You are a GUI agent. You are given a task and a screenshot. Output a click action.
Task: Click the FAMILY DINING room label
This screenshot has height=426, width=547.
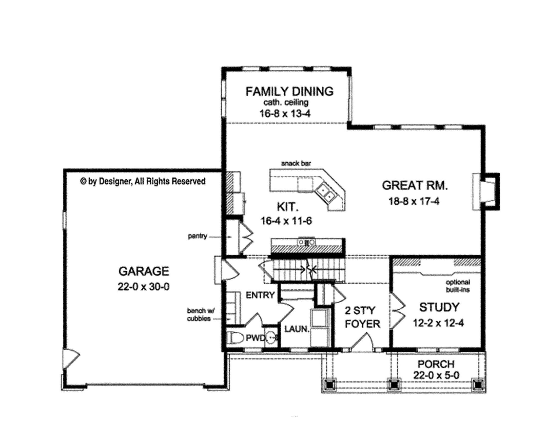tap(289, 92)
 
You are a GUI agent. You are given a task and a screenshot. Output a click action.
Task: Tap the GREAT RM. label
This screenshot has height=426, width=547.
tap(415, 186)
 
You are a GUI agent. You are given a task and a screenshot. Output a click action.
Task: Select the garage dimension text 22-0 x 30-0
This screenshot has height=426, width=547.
tap(144, 287)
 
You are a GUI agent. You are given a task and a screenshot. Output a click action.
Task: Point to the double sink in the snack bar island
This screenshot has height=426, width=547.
tap(326, 193)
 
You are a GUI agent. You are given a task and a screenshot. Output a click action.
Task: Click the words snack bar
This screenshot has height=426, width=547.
tap(296, 163)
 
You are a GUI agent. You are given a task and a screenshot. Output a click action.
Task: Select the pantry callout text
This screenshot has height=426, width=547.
tap(198, 236)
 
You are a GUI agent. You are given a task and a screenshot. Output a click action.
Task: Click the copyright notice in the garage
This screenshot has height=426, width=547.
tap(143, 181)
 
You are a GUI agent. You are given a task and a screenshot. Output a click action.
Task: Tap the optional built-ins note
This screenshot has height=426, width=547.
tap(458, 286)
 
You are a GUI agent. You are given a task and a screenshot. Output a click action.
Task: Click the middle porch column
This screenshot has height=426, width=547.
tap(394, 385)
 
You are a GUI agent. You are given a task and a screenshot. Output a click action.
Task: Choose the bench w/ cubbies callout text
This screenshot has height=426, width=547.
tap(199, 315)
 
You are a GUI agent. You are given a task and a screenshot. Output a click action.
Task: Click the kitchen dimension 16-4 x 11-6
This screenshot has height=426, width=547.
tap(286, 221)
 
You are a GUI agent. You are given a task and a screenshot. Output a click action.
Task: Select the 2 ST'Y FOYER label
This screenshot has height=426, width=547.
tap(363, 317)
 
